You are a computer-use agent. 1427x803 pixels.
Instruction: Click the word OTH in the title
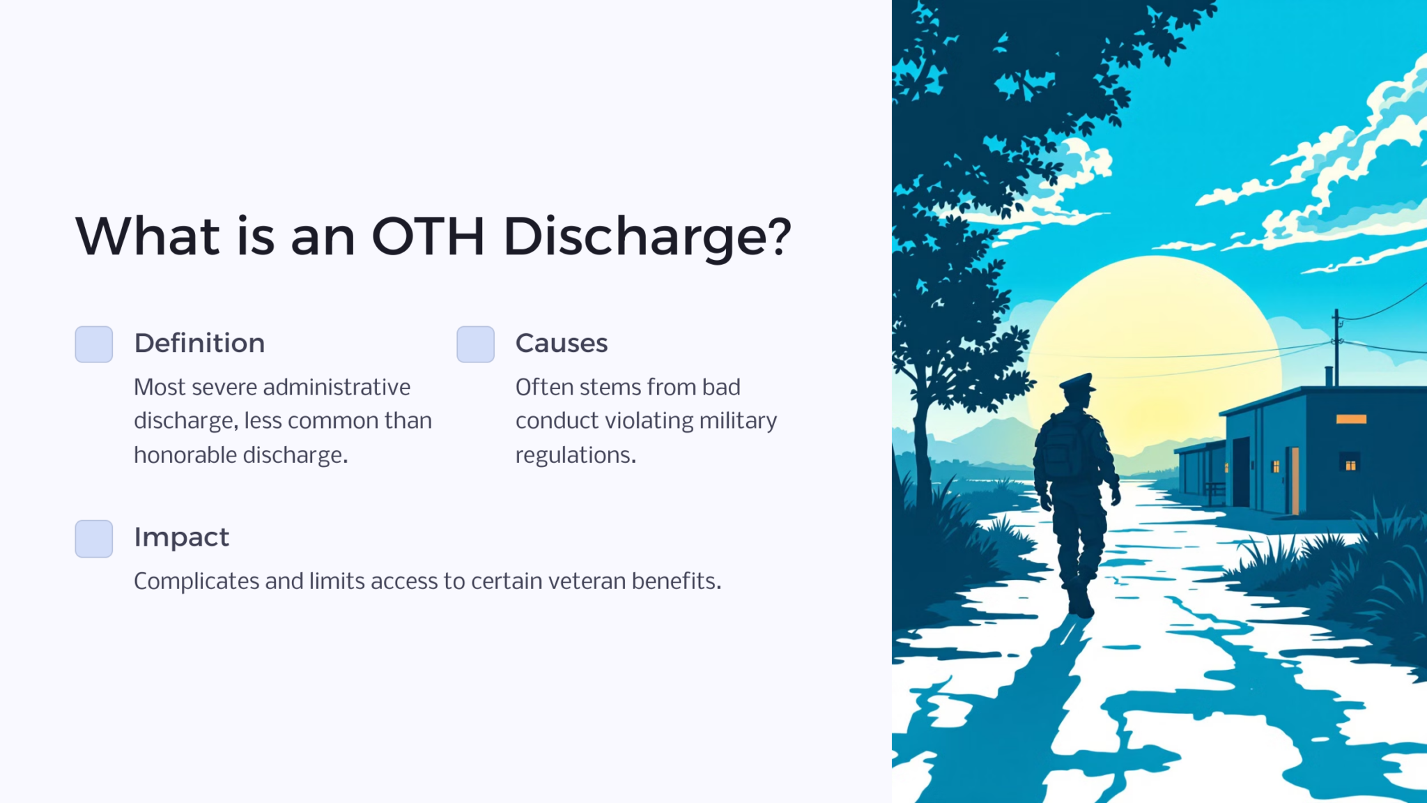click(x=428, y=237)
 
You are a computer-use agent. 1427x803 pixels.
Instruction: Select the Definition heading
click(x=199, y=343)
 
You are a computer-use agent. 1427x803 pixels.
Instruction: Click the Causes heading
click(x=562, y=343)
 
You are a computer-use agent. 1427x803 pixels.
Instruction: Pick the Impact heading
click(x=181, y=537)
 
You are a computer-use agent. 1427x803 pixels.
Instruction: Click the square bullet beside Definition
click(x=94, y=344)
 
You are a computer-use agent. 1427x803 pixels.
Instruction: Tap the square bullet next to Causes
click(x=475, y=344)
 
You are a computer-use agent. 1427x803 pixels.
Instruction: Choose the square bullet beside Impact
click(x=94, y=538)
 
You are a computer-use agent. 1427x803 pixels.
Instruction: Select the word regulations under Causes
click(x=576, y=455)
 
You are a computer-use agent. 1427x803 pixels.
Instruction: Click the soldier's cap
click(x=1077, y=382)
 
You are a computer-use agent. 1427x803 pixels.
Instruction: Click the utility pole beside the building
click(x=1336, y=349)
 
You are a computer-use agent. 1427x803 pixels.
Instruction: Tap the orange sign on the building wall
click(x=1351, y=419)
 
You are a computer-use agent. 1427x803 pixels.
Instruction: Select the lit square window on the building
click(x=1350, y=464)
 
